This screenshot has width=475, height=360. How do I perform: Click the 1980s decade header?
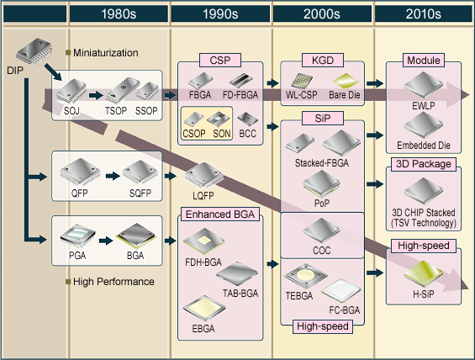(x=119, y=14)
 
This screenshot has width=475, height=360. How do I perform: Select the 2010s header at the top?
(x=423, y=14)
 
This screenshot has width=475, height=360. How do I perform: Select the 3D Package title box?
(x=422, y=164)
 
